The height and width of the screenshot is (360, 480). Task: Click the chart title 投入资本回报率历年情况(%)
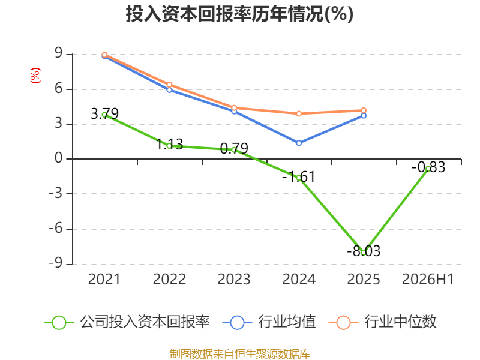coord(239,14)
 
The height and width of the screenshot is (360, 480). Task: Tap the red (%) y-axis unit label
coord(35,76)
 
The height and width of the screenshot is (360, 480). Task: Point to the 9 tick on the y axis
coord(58,53)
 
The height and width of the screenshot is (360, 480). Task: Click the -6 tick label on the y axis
coord(56,229)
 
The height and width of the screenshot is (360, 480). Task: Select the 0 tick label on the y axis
coord(58,158)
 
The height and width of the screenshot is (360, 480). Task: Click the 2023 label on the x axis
coord(234,279)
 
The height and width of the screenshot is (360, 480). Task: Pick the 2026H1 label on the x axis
coord(428,279)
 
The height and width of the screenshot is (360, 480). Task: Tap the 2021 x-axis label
coord(104,279)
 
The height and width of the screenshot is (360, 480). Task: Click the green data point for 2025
coord(364,253)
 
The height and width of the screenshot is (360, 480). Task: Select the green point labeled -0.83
coord(428,169)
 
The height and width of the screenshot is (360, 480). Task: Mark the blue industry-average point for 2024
coord(299,143)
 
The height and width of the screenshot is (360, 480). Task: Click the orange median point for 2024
coord(299,113)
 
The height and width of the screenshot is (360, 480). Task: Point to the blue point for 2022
coord(169,90)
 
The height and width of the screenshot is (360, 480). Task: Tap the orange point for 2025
coord(364,110)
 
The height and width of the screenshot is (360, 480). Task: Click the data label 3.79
coord(104,114)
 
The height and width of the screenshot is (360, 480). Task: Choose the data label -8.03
coord(364,251)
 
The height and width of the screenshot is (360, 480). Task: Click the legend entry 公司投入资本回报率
coord(127,322)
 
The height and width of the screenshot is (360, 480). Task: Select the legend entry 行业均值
coord(269,322)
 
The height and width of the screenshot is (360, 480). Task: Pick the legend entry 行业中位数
coord(382,322)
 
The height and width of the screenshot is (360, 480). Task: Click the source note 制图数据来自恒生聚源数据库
coord(239,354)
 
